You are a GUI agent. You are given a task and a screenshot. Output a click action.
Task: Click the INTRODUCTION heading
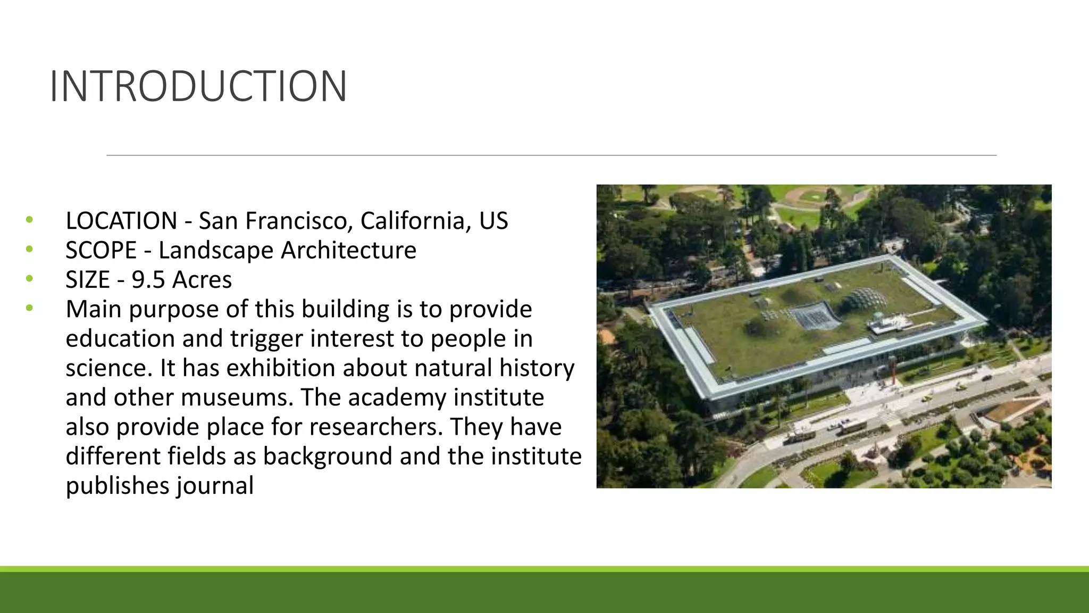(198, 86)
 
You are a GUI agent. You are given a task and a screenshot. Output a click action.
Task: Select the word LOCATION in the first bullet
(121, 221)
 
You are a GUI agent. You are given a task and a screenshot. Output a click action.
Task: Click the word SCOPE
(101, 250)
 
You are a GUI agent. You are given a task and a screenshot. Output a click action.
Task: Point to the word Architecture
(348, 250)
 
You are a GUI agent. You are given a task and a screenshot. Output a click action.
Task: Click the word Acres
(202, 280)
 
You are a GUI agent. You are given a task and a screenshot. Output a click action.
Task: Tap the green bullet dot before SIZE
(29, 278)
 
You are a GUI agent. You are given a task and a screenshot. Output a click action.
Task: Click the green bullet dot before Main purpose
(29, 308)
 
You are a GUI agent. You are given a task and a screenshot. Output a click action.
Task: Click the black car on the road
(986, 378)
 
